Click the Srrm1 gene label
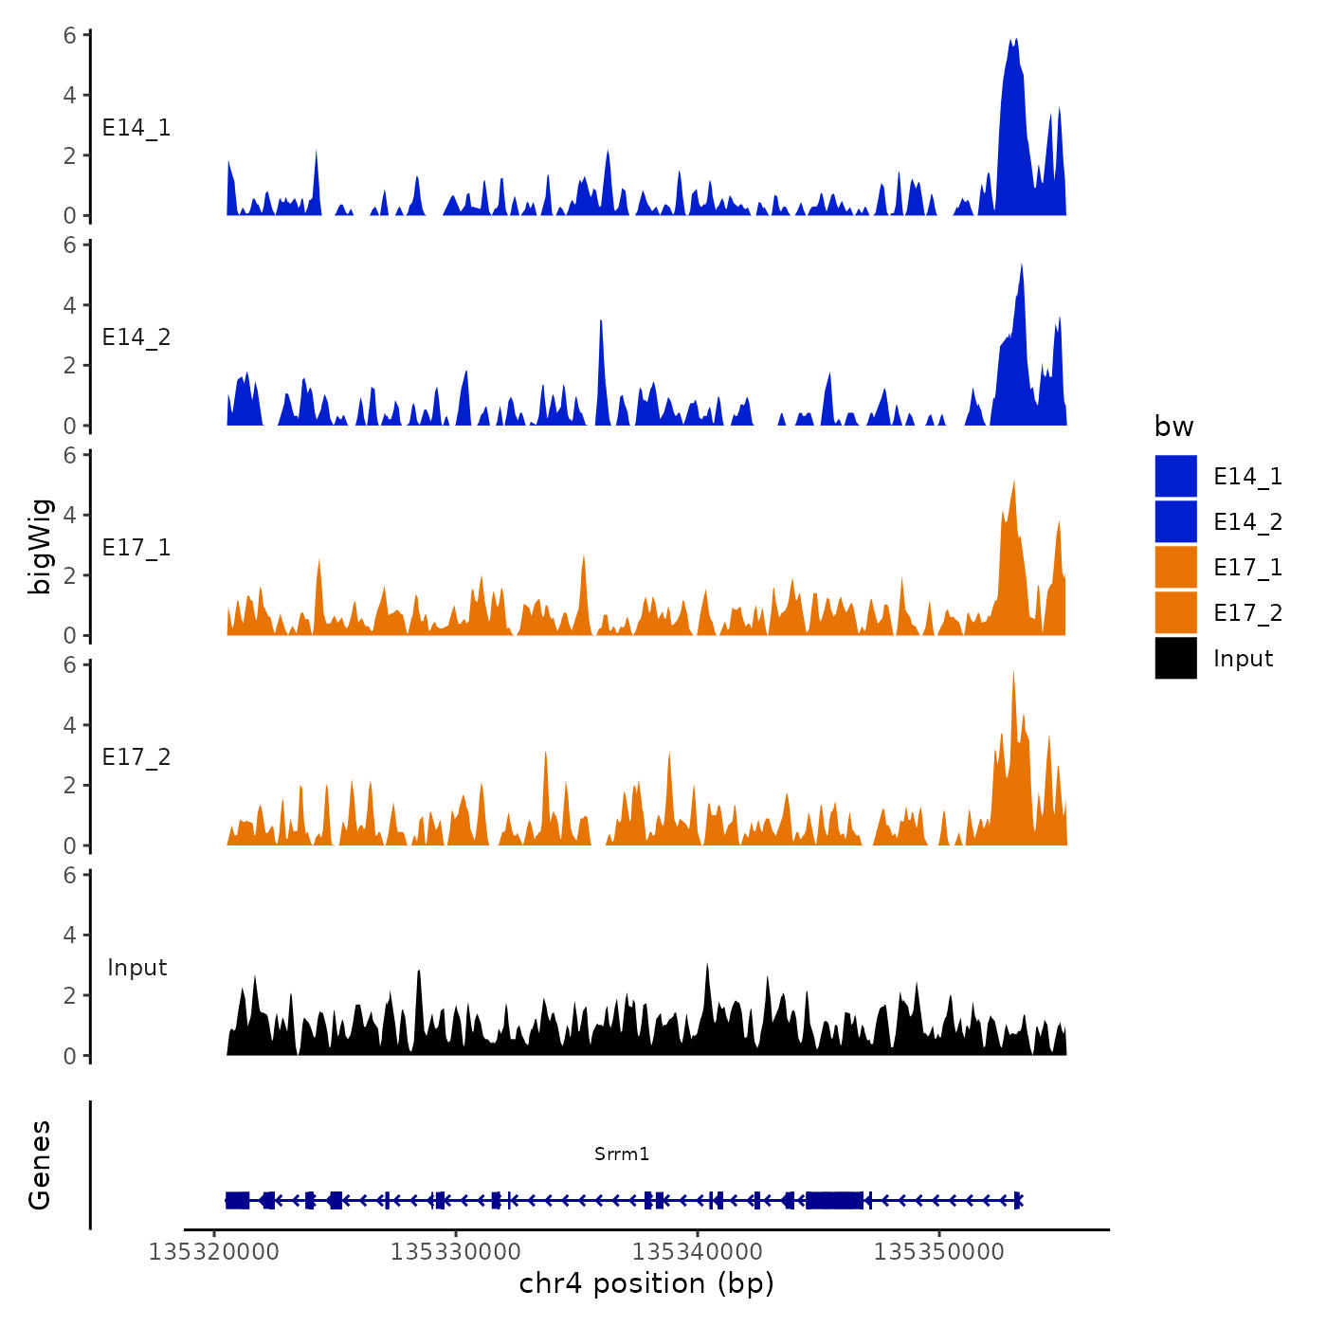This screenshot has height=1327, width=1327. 622,1154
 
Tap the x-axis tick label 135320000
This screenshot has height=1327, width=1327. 213,1252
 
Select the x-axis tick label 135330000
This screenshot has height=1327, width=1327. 456,1252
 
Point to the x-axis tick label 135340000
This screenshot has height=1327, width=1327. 698,1252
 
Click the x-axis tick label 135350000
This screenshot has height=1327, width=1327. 938,1252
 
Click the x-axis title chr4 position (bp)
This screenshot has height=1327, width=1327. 646,1283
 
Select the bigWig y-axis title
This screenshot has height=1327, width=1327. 40,546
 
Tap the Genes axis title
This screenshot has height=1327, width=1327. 40,1165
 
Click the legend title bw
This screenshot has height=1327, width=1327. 1173,427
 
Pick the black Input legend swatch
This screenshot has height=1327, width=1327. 1175,658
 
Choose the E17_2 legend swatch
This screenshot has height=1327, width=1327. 1175,612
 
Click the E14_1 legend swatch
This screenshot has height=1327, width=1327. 1175,476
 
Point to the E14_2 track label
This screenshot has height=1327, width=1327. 136,337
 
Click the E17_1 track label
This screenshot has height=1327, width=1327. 136,548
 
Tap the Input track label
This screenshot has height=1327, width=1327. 136,968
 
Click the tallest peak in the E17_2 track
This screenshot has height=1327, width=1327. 1013,672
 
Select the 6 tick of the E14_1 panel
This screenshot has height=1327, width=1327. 70,36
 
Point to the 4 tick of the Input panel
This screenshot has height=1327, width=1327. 70,936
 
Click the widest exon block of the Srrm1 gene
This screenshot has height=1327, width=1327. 834,1201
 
